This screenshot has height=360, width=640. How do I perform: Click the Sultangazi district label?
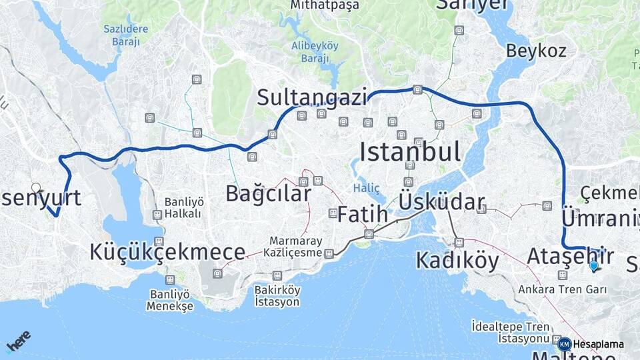click(x=313, y=98)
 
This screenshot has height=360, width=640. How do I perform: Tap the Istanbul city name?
click(x=410, y=152)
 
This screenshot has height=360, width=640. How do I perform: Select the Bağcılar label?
click(x=268, y=193)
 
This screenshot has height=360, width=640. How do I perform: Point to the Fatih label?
click(x=362, y=214)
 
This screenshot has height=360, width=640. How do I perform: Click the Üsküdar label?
click(x=441, y=202)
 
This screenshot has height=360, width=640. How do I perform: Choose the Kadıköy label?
click(x=457, y=261)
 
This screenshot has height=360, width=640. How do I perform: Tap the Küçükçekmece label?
click(x=167, y=252)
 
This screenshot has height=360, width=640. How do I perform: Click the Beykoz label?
click(x=536, y=51)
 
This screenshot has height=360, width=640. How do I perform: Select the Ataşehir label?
click(x=570, y=255)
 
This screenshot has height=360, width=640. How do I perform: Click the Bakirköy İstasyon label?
click(x=277, y=296)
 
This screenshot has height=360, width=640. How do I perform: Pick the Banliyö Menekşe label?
click(x=171, y=300)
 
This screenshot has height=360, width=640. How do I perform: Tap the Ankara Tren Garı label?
click(x=563, y=290)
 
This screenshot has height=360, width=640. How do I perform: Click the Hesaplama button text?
click(x=598, y=345)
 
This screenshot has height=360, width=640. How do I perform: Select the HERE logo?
click(x=18, y=341)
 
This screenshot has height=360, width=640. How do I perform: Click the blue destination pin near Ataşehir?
click(x=593, y=266)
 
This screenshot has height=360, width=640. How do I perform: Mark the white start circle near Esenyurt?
click(x=36, y=188)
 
